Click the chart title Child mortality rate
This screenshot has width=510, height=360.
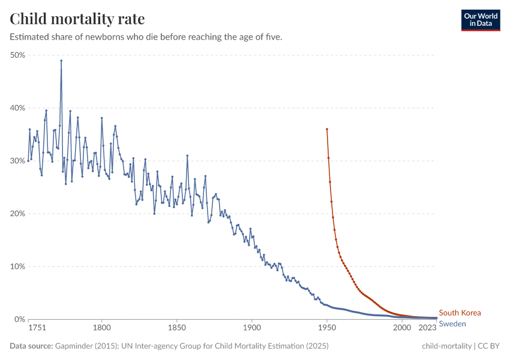pyautogui.click(x=77, y=19)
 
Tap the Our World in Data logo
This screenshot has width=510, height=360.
pyautogui.click(x=481, y=20)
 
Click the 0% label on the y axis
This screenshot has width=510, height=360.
pyautogui.click(x=19, y=319)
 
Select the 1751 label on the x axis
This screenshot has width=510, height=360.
pyautogui.click(x=37, y=328)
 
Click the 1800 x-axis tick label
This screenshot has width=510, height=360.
pyautogui.click(x=102, y=328)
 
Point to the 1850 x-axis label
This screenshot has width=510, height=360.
pyautogui.click(x=177, y=328)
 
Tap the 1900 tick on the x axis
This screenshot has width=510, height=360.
pyautogui.click(x=252, y=328)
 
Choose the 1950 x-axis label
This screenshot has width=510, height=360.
pyautogui.click(x=327, y=328)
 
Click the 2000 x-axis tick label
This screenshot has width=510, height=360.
pyautogui.click(x=402, y=328)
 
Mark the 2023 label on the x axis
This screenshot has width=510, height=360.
pyautogui.click(x=428, y=328)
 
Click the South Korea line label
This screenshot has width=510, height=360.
pyautogui.click(x=460, y=313)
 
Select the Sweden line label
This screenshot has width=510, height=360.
pyautogui.click(x=452, y=324)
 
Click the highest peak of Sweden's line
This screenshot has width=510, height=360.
pyautogui.click(x=61, y=61)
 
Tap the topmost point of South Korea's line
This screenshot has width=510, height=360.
pyautogui.click(x=327, y=129)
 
